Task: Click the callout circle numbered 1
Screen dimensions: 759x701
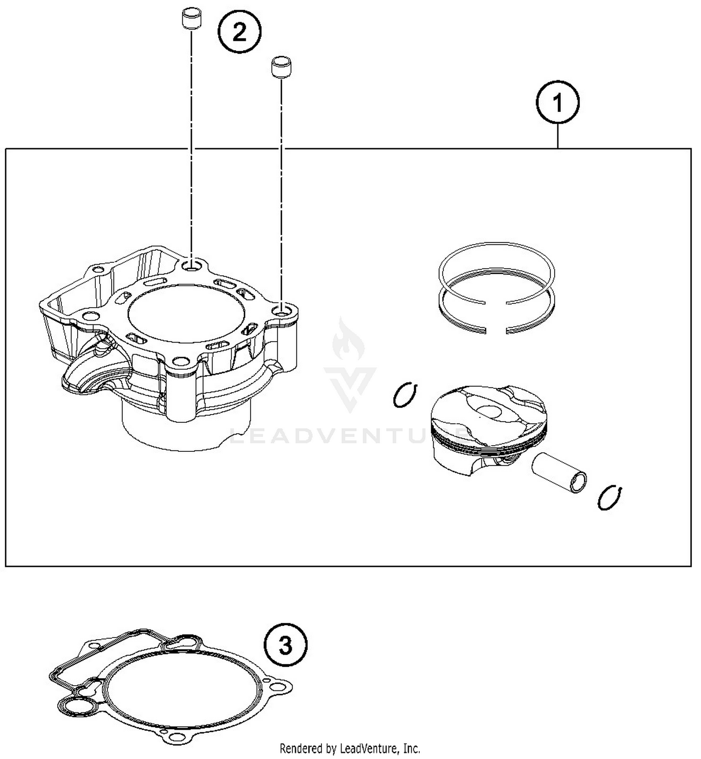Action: pyautogui.click(x=558, y=103)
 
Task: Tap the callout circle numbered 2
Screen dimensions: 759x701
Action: pyautogui.click(x=239, y=33)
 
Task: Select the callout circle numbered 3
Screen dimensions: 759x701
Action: pyautogui.click(x=286, y=647)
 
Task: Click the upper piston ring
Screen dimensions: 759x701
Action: pyautogui.click(x=496, y=266)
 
